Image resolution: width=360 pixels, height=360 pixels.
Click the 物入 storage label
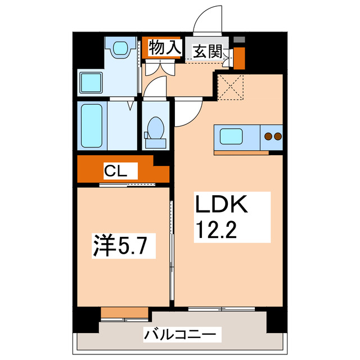tap(165, 48)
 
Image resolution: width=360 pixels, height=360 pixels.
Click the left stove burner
tap(268, 136)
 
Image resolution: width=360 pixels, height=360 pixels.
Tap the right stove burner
tap(277, 136)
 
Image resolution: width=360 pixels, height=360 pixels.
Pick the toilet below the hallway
tap(155, 129)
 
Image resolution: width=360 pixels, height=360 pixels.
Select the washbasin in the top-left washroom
tap(120, 50)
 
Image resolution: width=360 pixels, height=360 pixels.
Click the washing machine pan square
tap(90, 83)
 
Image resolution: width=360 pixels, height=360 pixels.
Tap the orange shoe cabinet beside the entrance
tap(239, 58)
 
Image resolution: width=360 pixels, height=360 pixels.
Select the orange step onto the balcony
tap(124, 313)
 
